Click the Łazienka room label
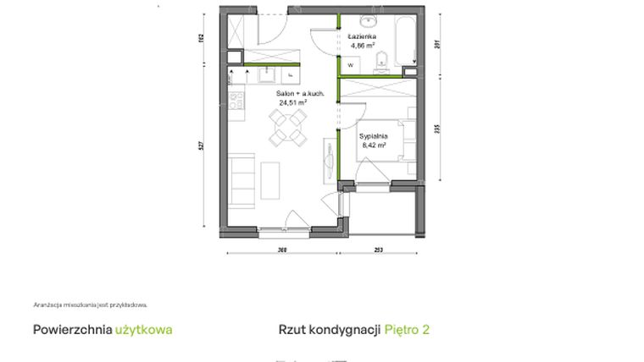[362, 38]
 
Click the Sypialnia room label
[373, 135]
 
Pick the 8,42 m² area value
[373, 145]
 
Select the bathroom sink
[370, 21]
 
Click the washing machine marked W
[350, 64]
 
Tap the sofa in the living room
[241, 179]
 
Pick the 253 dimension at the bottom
[378, 250]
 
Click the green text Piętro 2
[407, 329]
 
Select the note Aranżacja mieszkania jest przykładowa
[91, 304]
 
